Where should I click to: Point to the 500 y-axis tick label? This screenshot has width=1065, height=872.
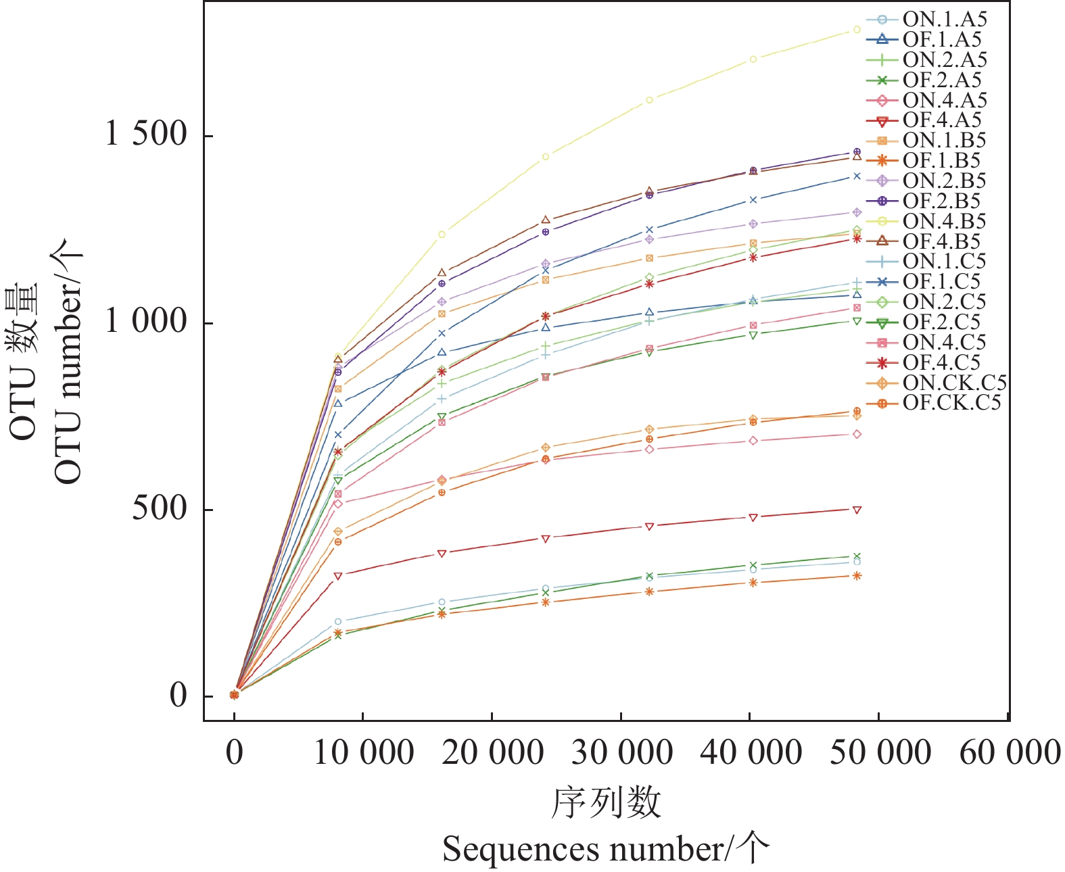tap(159, 508)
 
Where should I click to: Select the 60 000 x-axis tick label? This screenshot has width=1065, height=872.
tap(1010, 752)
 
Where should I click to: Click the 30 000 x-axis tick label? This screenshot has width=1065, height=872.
tap(621, 752)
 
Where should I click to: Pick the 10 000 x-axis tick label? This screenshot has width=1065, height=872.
tap(363, 752)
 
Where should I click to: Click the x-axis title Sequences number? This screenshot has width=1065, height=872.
tap(605, 849)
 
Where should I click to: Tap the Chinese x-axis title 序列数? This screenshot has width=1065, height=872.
tap(605, 803)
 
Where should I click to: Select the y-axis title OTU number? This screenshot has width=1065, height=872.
tap(68, 362)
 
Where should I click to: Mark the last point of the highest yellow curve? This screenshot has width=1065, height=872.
tap(857, 30)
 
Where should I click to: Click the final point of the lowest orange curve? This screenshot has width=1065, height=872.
tap(857, 576)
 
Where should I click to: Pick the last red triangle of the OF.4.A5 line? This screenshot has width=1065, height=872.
tap(857, 510)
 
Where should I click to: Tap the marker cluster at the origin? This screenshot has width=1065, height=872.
tap(234, 694)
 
